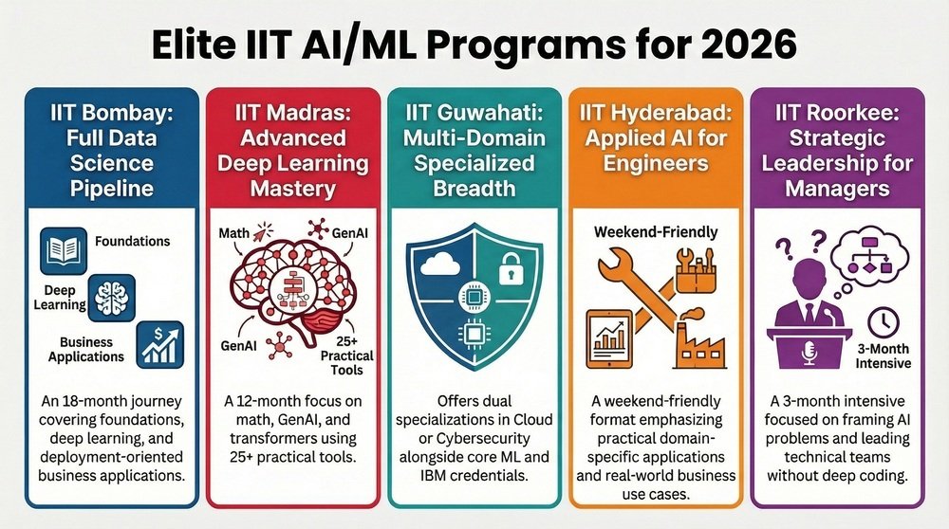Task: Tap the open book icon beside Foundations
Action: pyautogui.click(x=64, y=250)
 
